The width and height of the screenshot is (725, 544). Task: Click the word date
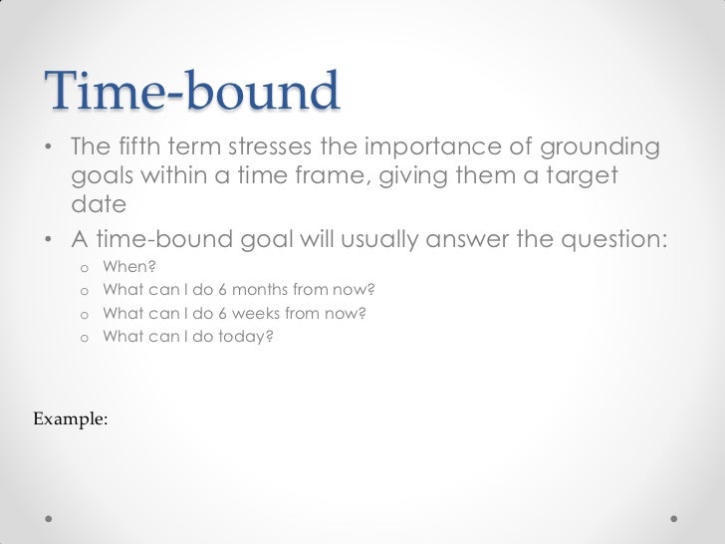coord(99,205)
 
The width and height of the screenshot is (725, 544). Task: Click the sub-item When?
coord(129,268)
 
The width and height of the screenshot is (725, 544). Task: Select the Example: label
coord(70,419)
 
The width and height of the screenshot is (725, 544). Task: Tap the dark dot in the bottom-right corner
coord(674,519)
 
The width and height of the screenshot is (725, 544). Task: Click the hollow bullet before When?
coord(84,269)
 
